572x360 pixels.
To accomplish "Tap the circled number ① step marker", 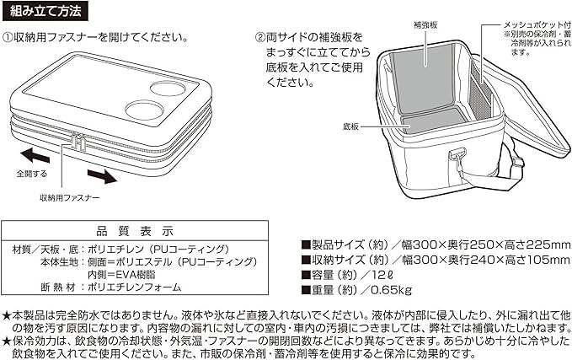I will point(8,37).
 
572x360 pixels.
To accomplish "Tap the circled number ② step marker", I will point(259,37).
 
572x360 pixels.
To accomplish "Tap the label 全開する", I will point(30,174).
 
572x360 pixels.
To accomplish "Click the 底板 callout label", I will point(351,127).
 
